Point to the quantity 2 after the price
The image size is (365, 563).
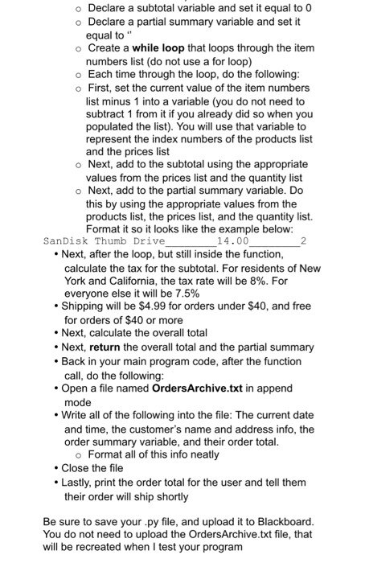pos(302,240)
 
